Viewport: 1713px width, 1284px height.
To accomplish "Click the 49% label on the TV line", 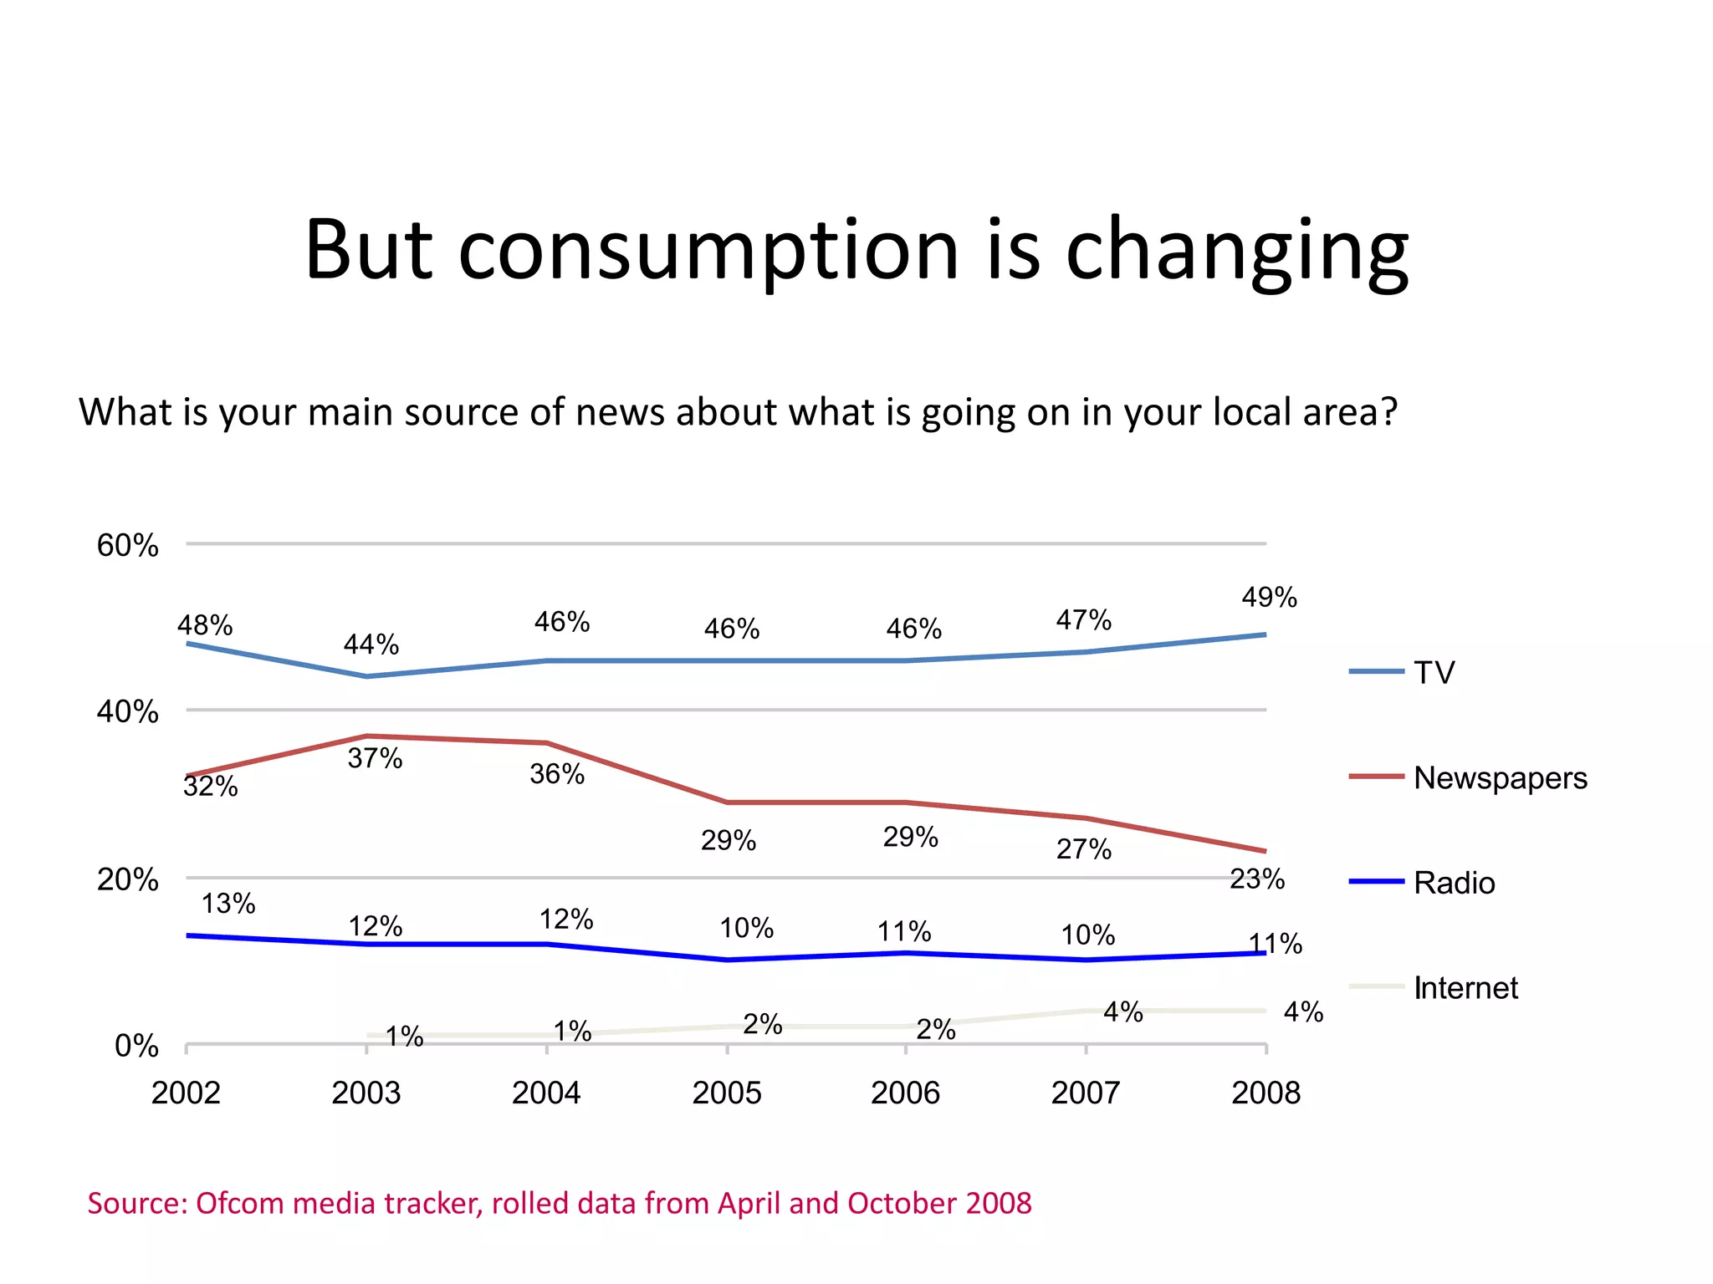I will [x=1269, y=598].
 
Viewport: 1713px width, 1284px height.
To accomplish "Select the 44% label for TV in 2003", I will [x=371, y=645].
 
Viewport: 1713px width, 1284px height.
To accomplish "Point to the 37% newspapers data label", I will [x=375, y=758].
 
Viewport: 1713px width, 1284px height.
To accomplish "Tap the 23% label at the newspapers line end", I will [x=1256, y=879].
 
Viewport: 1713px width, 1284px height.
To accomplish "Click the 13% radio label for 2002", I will [x=228, y=904].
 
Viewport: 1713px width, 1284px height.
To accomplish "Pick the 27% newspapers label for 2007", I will [x=1083, y=849].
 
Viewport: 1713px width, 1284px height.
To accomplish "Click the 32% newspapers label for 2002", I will [x=211, y=787].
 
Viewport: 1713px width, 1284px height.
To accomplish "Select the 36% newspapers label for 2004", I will [x=557, y=774].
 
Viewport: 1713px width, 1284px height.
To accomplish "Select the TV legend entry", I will [x=1434, y=673].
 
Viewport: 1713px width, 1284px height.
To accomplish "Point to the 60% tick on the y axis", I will [x=127, y=546].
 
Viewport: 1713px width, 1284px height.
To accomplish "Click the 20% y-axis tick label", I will [x=127, y=879].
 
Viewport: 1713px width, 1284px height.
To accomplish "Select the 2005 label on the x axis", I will [x=726, y=1093].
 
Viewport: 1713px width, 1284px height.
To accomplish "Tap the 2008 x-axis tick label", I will [x=1266, y=1093].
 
